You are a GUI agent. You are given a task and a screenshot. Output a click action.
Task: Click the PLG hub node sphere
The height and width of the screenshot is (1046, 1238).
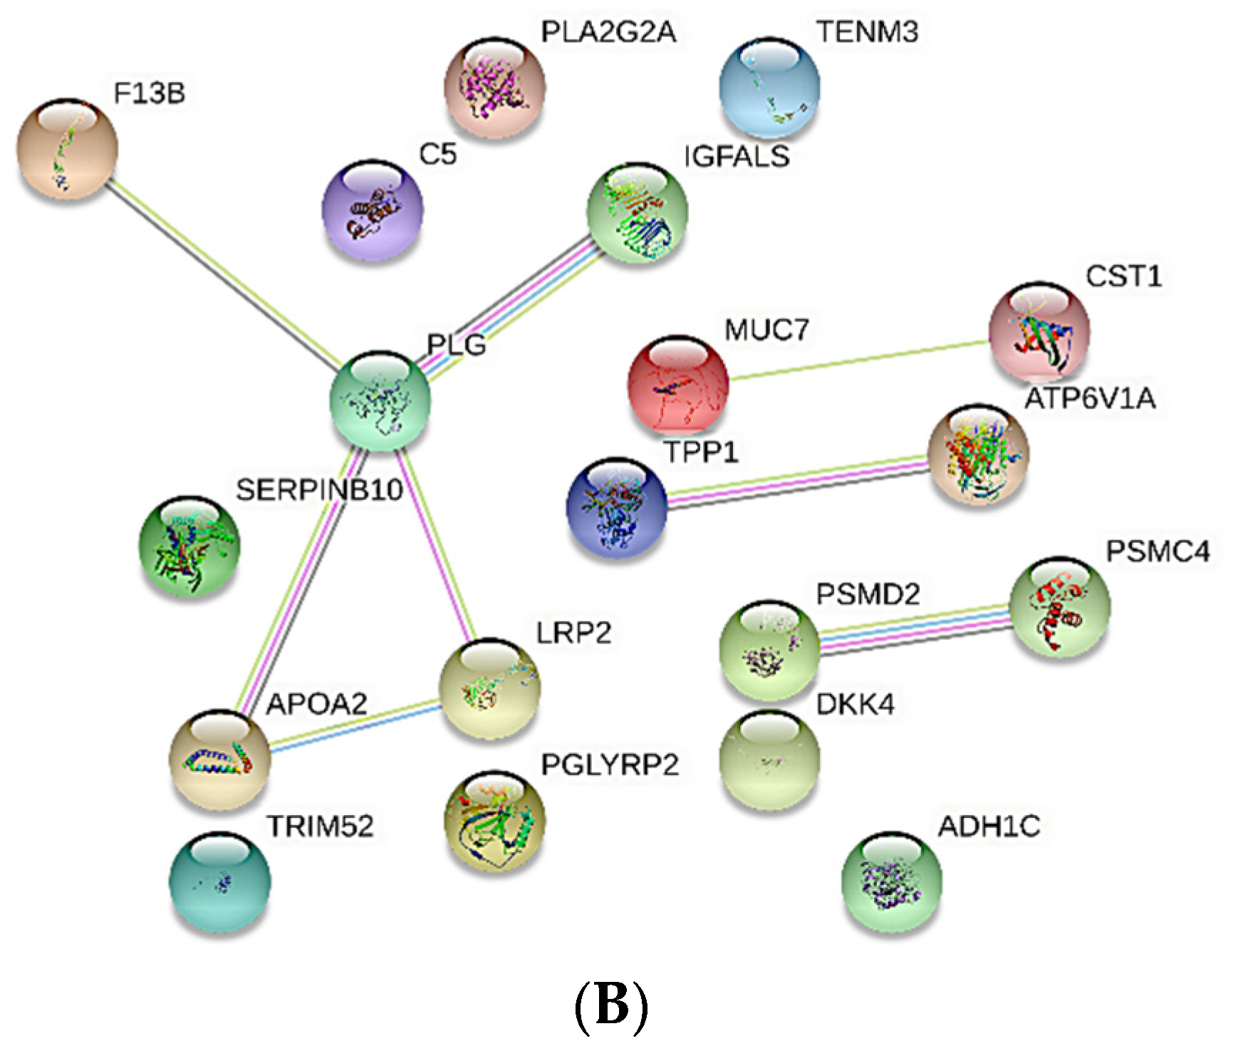pos(380,400)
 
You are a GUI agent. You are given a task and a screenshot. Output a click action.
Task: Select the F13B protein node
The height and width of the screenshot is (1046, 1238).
pos(68,149)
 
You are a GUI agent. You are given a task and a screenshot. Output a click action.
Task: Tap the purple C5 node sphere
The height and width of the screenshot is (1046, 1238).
pos(373,210)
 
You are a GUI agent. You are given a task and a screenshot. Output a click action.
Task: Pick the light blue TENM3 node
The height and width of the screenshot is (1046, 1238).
pos(769,88)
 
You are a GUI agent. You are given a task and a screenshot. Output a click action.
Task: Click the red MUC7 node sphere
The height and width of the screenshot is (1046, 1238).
pos(678,385)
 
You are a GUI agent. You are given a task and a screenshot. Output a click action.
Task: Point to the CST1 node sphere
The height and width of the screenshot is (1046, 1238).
pos(1039,331)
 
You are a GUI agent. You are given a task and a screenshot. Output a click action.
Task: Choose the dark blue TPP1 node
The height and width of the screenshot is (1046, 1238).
pos(617,507)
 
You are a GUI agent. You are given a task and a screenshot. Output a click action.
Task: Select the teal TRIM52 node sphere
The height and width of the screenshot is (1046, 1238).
pos(219,881)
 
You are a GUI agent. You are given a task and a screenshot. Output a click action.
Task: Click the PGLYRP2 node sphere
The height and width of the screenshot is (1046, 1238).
pos(494,822)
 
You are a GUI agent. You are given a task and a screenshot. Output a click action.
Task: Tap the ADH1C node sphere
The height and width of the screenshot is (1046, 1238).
pos(891,881)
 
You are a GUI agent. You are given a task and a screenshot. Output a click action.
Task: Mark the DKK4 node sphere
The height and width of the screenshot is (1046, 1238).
pos(769,760)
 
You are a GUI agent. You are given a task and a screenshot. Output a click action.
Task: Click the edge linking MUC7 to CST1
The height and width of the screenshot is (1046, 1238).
pos(858,360)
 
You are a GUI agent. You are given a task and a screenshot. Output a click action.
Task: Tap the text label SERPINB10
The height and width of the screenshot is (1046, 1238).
pos(319,490)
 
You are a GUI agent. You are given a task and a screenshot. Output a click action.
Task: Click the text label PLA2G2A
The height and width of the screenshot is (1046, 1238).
pos(608,32)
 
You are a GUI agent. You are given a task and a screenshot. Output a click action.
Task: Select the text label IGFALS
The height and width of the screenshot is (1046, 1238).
pos(737,156)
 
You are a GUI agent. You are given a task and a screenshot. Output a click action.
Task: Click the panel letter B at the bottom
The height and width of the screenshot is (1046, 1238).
pos(611,1006)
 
